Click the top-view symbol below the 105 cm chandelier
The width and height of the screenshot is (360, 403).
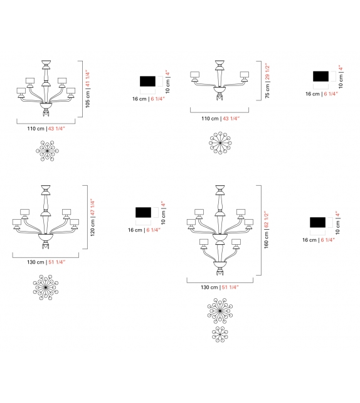(48, 151)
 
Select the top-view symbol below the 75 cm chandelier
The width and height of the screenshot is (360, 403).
(220, 142)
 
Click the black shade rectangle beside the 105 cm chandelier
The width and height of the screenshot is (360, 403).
(148, 81)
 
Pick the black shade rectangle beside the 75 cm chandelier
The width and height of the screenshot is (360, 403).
(321, 76)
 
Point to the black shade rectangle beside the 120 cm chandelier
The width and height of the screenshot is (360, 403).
(144, 213)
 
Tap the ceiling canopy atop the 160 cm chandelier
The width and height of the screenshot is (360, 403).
(220, 189)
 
